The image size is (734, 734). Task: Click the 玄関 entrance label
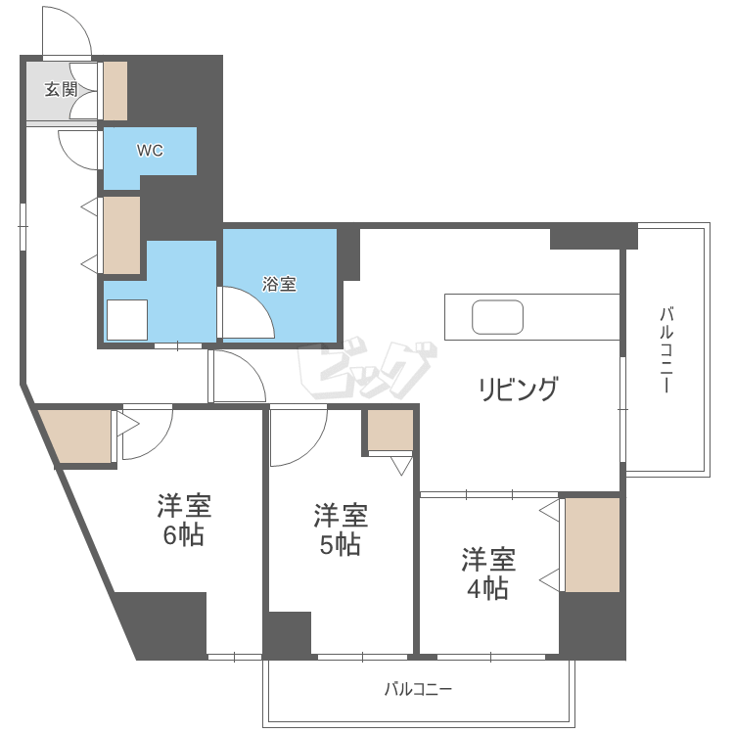pos(61,89)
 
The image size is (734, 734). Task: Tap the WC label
pos(149,151)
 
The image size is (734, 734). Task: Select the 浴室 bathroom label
pos(279,285)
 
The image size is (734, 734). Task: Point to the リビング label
pos(518,389)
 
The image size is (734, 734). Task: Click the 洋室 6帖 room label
pos(184,521)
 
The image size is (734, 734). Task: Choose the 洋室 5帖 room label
pos(340,529)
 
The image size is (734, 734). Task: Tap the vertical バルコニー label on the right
pos(665,350)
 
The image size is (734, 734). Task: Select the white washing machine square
pos(127,319)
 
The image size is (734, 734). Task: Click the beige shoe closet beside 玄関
pos(115,91)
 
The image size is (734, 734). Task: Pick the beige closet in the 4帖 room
pos(592,545)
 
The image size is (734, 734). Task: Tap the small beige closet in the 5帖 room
pos(390,430)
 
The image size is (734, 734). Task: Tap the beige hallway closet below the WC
pos(121,236)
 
